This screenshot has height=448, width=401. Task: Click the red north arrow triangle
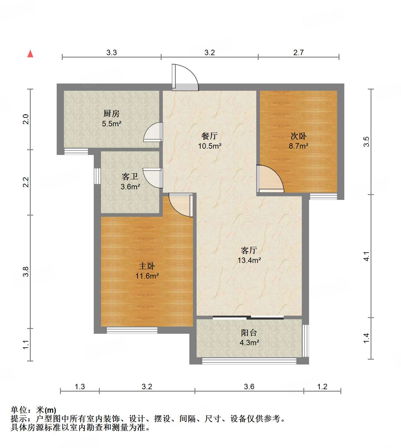point(30,54)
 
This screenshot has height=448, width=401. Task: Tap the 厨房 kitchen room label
point(112,114)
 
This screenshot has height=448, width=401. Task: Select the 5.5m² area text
point(112,124)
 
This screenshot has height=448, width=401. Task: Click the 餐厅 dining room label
point(210,136)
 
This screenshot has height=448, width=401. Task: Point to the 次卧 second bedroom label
point(298,136)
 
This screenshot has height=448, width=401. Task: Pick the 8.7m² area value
point(298,146)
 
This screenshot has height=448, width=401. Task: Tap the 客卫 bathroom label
point(130,176)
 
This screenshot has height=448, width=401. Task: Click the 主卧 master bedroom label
point(147,266)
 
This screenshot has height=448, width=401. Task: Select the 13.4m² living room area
point(249,260)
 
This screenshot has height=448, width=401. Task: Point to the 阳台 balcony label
point(249,333)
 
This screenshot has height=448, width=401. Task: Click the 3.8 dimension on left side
point(26,272)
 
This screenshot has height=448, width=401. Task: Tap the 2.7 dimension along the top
point(298,53)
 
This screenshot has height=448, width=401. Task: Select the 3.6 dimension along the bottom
point(249,386)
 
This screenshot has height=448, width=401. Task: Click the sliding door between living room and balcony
point(248,317)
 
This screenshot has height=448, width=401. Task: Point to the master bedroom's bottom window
point(132,330)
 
